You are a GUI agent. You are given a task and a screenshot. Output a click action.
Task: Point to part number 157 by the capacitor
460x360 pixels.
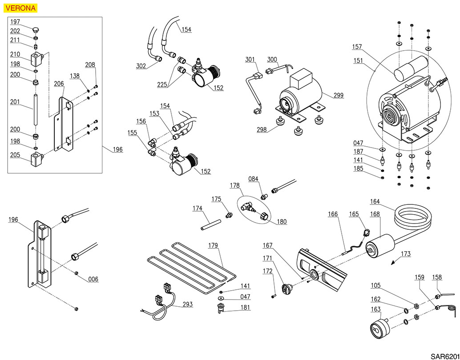pos(357,46)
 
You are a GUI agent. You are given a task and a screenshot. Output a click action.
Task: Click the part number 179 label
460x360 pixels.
pos(214,245)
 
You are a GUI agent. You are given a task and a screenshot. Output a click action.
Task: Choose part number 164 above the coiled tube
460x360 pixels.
pos(375,201)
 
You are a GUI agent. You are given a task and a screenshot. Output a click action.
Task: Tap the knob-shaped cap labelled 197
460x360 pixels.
pos(36,29)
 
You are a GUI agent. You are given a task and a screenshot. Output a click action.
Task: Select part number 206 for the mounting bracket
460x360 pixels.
pos(59,84)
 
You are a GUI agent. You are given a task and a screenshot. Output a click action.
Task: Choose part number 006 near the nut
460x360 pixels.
pos(93,279)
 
